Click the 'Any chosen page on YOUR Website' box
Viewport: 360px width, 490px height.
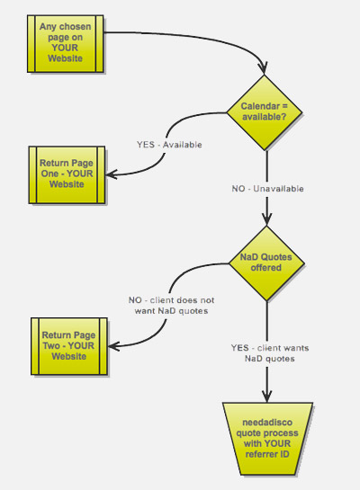click(x=66, y=43)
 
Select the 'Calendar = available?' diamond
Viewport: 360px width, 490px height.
click(x=265, y=112)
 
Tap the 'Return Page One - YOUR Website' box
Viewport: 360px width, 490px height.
click(x=67, y=174)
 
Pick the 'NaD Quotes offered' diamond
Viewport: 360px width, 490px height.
click(x=266, y=263)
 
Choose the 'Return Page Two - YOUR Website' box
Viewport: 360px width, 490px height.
click(x=69, y=346)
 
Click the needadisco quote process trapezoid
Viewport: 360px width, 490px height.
click(x=267, y=439)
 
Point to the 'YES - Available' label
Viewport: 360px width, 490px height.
click(x=169, y=145)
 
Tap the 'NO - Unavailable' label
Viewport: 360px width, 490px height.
click(x=267, y=189)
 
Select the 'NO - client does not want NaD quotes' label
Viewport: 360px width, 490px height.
click(x=171, y=306)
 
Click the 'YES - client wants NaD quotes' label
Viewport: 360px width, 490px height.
click(x=270, y=353)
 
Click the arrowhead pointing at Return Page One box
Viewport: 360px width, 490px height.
click(x=111, y=174)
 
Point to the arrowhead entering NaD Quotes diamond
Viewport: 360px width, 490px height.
click(x=266, y=219)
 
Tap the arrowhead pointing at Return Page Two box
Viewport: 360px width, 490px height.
click(x=113, y=346)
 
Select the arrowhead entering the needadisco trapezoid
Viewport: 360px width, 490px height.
click(x=266, y=396)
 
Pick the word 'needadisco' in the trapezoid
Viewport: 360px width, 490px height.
click(x=267, y=423)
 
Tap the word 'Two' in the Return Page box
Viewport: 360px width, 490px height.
click(x=51, y=346)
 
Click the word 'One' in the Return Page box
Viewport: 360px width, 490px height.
click(x=49, y=174)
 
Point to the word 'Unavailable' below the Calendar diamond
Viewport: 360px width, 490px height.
click(x=278, y=189)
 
